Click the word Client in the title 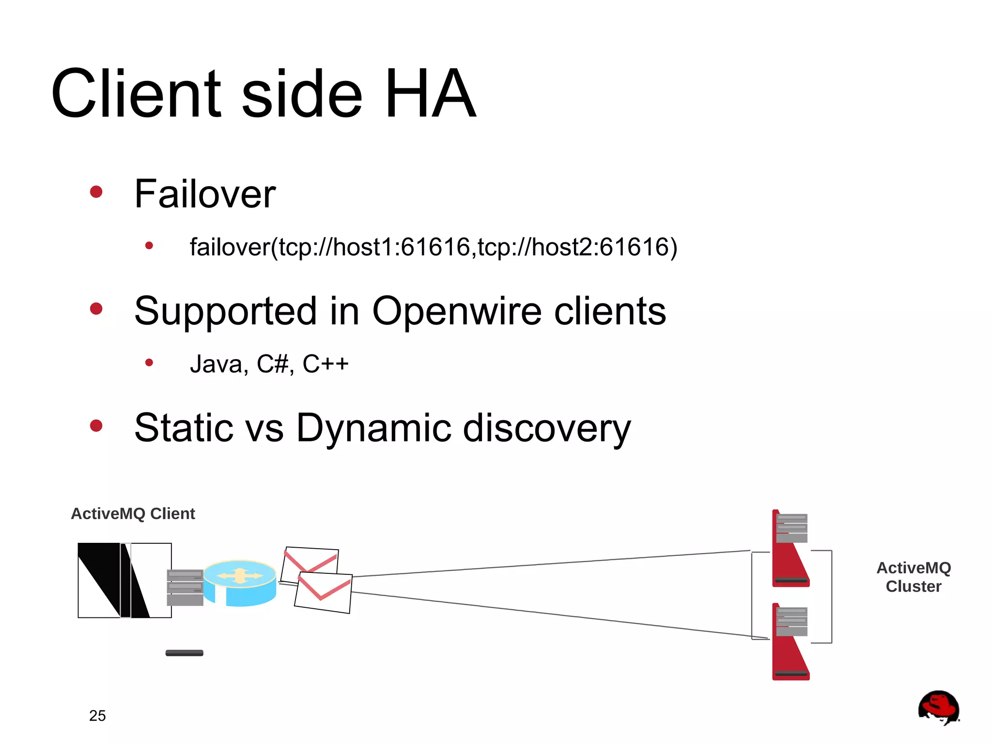[x=136, y=94]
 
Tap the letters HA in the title [x=430, y=94]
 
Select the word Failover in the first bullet [x=205, y=194]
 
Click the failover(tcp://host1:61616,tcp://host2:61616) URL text [x=433, y=247]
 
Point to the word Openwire [x=456, y=311]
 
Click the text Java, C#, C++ [x=269, y=364]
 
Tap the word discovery [x=547, y=428]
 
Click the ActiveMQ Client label [x=133, y=514]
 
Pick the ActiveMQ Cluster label [x=914, y=577]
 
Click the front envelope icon [x=323, y=592]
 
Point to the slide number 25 [x=97, y=716]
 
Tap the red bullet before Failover [x=96, y=192]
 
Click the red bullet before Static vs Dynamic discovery [x=96, y=426]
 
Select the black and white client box [x=124, y=580]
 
